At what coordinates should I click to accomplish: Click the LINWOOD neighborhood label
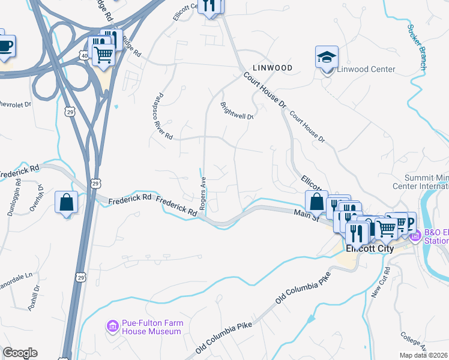[x=273, y=68]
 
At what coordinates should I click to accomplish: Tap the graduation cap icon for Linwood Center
[x=327, y=58]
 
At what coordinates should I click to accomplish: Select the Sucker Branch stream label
[x=416, y=47]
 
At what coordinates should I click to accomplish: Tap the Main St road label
[x=306, y=214]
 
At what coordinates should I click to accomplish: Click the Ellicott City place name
[x=369, y=248]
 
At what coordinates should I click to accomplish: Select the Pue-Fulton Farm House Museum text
[x=151, y=327]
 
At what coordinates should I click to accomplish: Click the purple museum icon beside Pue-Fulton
[x=112, y=327]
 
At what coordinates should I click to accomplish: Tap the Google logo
[x=20, y=353]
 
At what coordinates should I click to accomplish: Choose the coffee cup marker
[x=4, y=45]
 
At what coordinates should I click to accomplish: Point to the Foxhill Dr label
[x=34, y=298]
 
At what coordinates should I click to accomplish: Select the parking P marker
[x=411, y=222]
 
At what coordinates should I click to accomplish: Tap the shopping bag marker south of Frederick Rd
[x=66, y=202]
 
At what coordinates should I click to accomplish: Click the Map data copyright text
[x=423, y=355]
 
